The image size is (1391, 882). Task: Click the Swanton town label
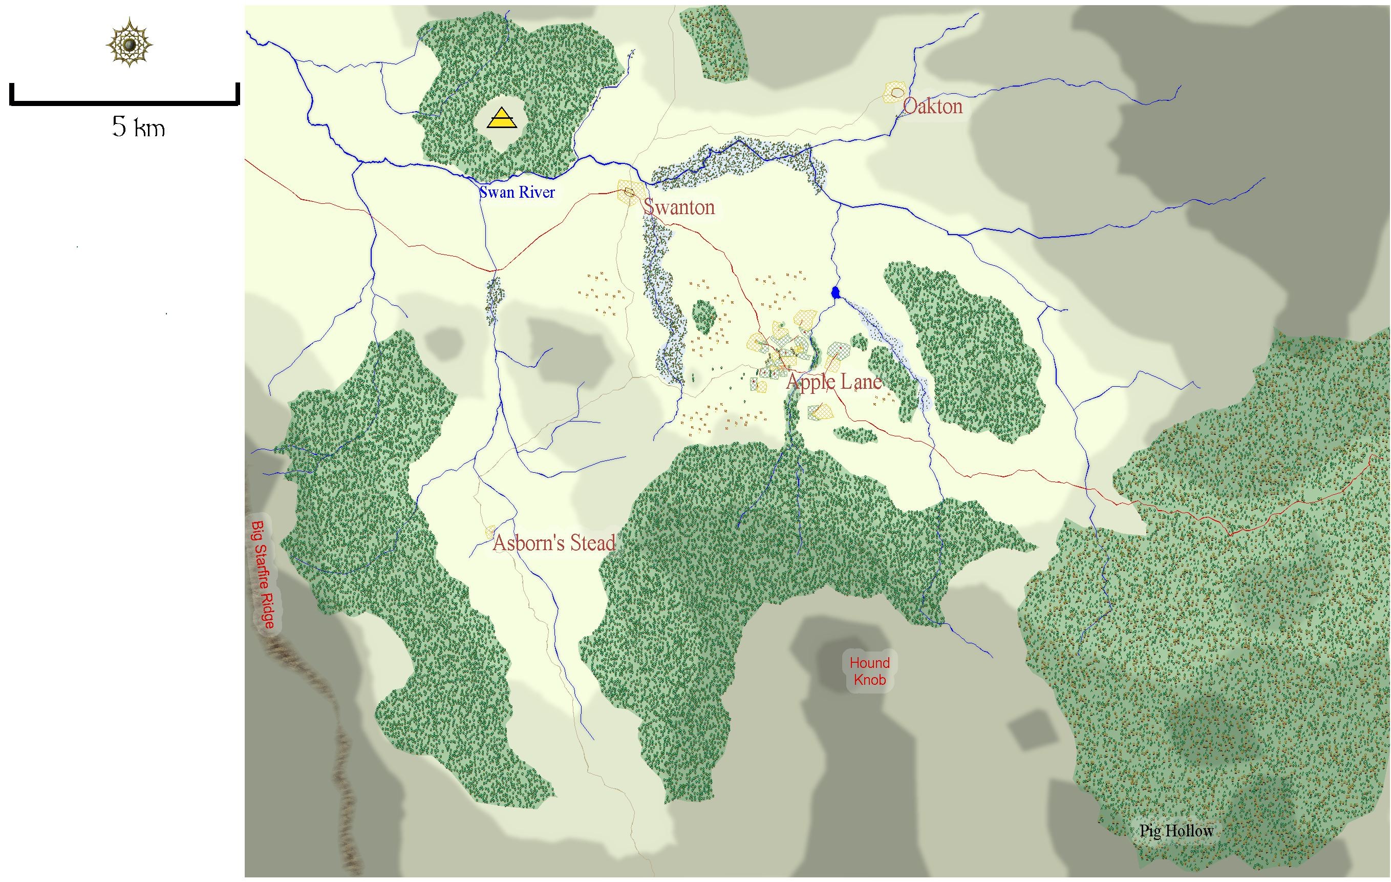click(679, 207)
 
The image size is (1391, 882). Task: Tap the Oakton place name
click(932, 107)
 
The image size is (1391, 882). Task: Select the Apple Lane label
click(834, 382)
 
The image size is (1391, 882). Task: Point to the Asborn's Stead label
click(553, 543)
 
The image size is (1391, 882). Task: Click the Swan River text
click(517, 193)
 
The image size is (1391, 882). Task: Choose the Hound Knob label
click(869, 671)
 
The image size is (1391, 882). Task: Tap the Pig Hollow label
click(1176, 831)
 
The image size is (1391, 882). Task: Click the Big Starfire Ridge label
click(263, 575)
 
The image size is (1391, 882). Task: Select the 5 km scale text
click(139, 127)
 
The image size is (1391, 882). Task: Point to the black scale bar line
click(124, 103)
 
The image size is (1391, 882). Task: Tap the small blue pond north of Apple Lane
click(834, 292)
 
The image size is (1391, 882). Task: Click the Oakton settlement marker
click(896, 92)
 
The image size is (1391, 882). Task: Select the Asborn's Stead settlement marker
click(490, 531)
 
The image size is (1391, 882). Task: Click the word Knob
click(869, 680)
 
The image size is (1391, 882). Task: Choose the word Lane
click(860, 382)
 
